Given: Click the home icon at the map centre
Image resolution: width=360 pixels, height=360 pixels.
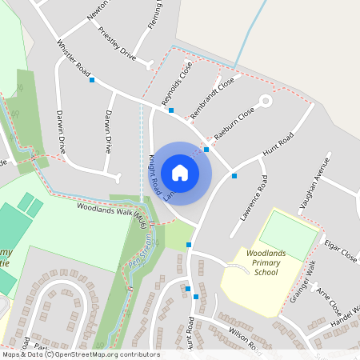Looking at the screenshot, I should (x=180, y=172).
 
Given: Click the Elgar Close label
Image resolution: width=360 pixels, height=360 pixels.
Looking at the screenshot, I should (x=340, y=250).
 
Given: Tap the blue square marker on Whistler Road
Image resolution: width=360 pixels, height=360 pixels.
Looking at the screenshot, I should (x=92, y=80).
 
